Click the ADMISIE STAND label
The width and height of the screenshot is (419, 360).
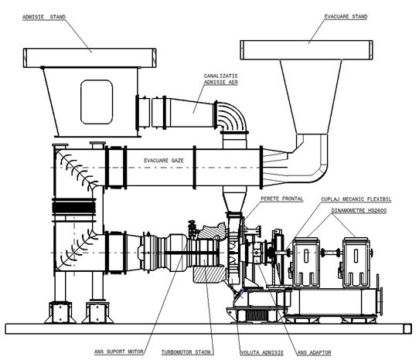[x=44, y=17]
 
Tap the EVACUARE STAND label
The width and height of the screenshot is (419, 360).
[x=346, y=16]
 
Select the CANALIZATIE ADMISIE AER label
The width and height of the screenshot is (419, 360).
[x=221, y=80]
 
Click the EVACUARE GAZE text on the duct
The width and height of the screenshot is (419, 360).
[x=164, y=161]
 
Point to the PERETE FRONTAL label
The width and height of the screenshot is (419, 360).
[x=282, y=199]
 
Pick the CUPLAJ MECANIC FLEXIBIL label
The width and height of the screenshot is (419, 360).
[x=356, y=199]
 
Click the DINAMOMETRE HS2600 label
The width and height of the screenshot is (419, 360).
[x=359, y=211]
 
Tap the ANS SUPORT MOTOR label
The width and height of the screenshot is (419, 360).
[x=119, y=352]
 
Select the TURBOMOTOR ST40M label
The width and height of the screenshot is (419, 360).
[x=186, y=352]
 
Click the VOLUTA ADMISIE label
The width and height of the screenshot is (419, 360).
[x=262, y=353]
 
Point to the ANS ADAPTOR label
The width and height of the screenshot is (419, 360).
[x=314, y=353]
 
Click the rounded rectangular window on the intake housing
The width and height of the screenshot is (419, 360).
[x=97, y=102]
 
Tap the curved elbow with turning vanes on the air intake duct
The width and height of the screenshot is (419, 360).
[x=231, y=116]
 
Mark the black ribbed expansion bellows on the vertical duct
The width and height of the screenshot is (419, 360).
[x=73, y=208]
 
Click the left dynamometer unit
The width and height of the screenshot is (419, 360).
[x=306, y=263]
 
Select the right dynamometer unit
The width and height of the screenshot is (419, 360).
[x=356, y=263]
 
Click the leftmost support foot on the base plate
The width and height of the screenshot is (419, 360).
[x=60, y=312]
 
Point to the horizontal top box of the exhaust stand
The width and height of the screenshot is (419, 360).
[x=306, y=50]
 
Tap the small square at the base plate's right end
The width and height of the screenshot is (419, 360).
[x=407, y=329]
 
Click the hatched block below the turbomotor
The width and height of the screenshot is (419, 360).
[x=209, y=273]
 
